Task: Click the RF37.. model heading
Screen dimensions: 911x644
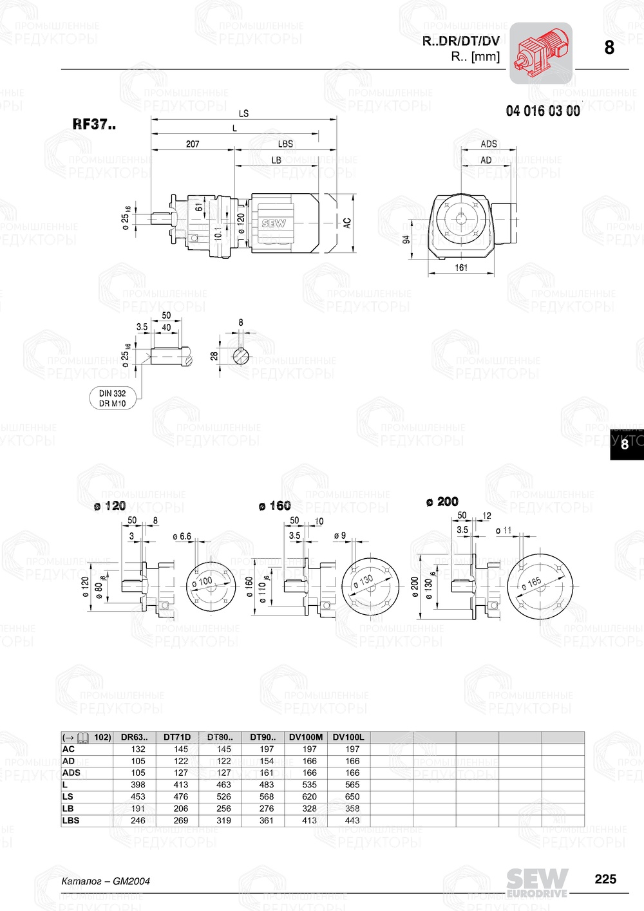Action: tap(94, 124)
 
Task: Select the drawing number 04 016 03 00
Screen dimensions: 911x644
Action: tap(542, 111)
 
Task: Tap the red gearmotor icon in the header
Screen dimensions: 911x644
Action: tap(541, 53)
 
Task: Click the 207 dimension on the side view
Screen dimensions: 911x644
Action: tap(193, 144)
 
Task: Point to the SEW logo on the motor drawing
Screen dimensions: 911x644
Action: tap(273, 223)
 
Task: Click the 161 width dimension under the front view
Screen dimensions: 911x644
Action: tap(461, 267)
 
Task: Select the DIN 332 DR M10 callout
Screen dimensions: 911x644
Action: tap(113, 399)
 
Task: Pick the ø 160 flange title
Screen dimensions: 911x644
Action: tap(274, 506)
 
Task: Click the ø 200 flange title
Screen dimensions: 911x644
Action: tap(442, 502)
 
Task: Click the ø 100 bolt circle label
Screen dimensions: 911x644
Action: tap(205, 581)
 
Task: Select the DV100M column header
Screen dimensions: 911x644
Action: tap(306, 737)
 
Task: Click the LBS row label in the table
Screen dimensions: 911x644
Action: tap(71, 820)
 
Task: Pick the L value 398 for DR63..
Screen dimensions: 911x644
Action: tap(138, 785)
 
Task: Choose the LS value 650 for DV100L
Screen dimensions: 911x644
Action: tap(352, 796)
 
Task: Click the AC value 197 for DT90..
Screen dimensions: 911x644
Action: tap(267, 749)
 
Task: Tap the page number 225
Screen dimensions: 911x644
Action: tap(605, 879)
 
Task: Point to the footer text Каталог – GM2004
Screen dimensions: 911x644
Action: tap(106, 881)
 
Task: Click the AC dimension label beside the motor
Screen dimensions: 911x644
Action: tap(347, 222)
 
